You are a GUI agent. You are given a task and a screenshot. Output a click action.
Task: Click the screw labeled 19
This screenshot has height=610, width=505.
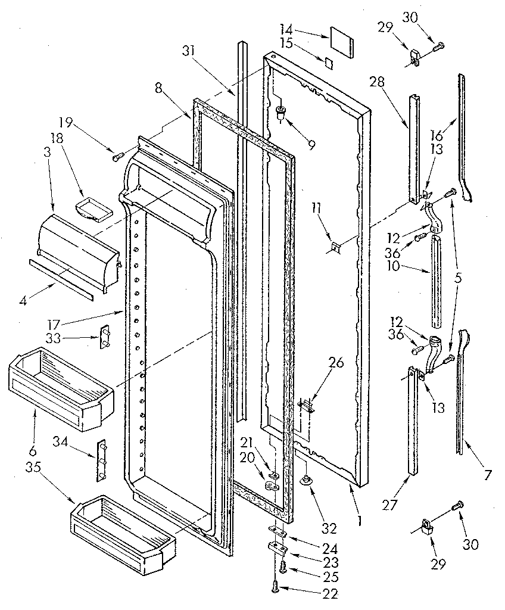pyautogui.click(x=117, y=156)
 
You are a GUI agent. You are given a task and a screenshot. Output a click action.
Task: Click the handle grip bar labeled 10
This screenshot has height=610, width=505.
pyautogui.click(x=437, y=280)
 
